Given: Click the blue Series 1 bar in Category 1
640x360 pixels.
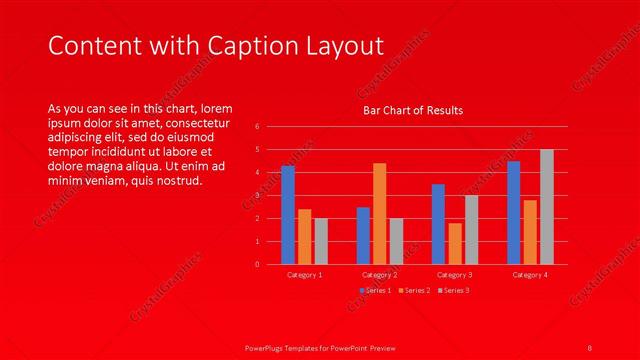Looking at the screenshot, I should point(288,215).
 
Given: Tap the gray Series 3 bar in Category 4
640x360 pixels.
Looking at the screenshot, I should point(546,207).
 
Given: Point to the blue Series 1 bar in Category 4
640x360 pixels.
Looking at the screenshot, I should point(513,213).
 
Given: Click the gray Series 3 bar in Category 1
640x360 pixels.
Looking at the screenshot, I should point(321,241).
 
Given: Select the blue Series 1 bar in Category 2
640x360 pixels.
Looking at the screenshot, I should point(363,236).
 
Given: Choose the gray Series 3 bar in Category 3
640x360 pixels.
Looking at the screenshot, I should point(471,230).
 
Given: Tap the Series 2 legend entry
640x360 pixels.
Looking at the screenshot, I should point(414,290).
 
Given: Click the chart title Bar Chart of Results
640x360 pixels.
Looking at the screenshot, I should point(412,110).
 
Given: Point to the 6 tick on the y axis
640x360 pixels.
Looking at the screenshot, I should point(257,127).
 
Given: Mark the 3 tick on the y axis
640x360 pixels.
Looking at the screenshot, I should point(257,196).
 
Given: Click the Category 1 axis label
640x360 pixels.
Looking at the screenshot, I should point(304,274).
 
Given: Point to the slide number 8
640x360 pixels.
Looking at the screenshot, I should point(590,347).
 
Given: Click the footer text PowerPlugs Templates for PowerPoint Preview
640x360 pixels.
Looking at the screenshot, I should point(320,347).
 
